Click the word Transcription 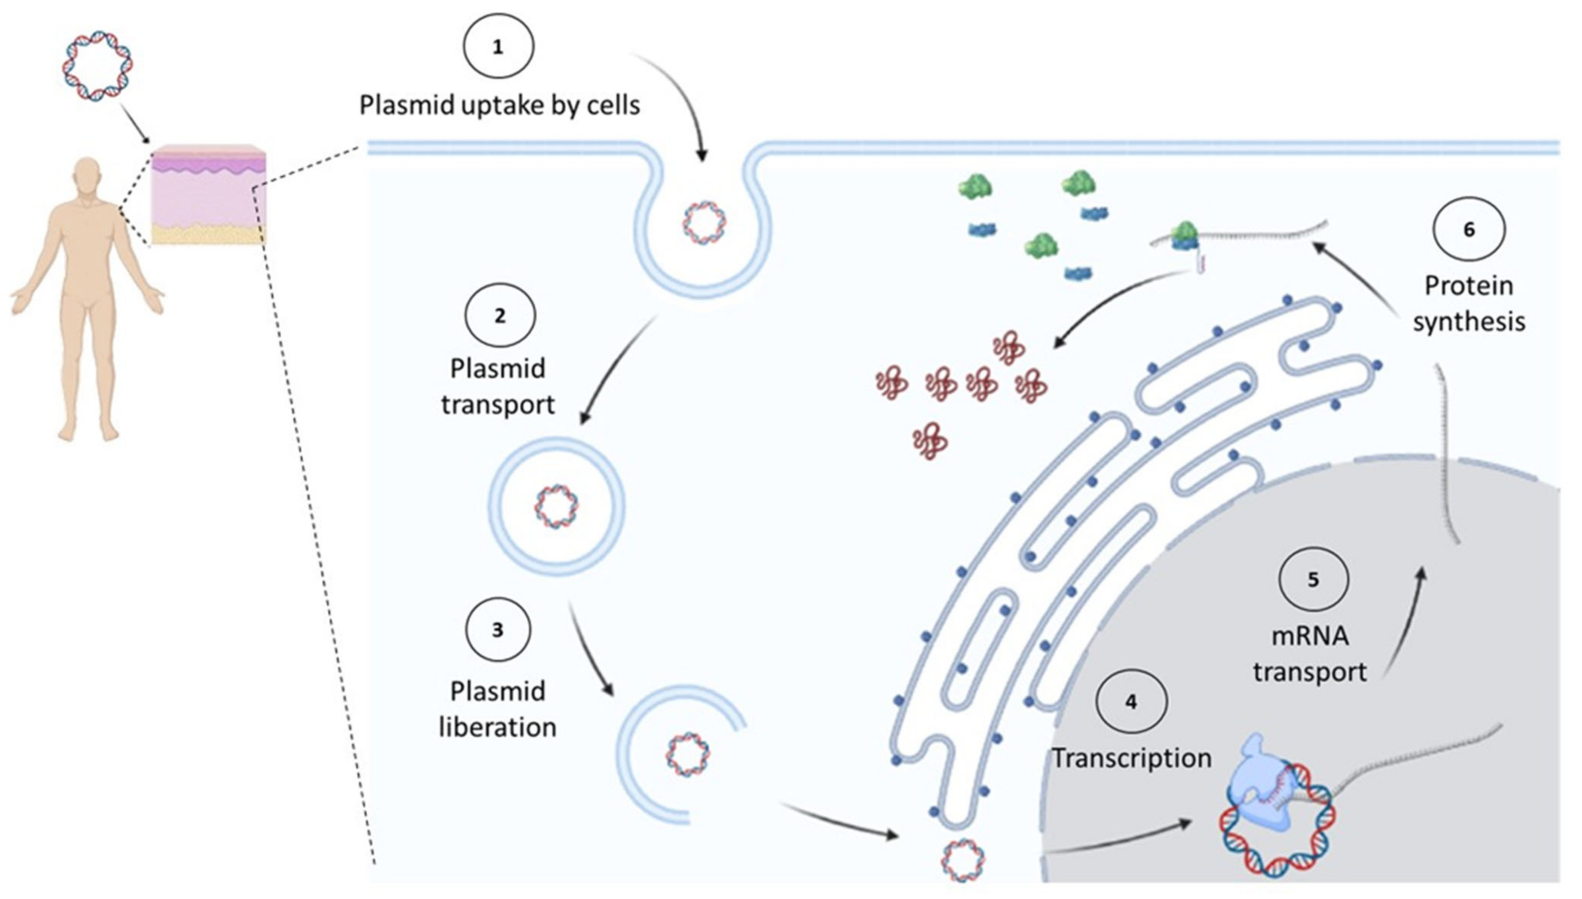tap(1131, 758)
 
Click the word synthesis tap(1469, 322)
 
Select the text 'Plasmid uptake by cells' tap(499, 105)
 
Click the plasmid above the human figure tap(98, 65)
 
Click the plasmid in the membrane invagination tap(704, 222)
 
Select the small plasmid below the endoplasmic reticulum tap(963, 859)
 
